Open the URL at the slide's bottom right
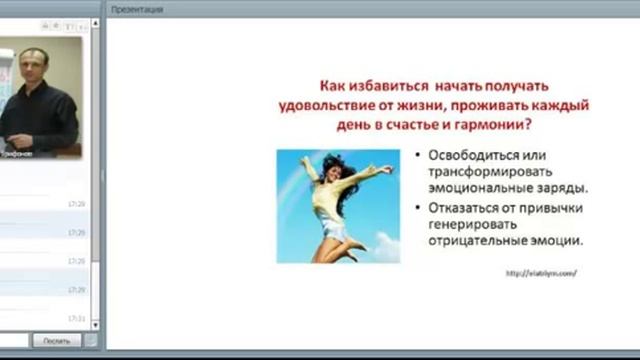(x=541, y=273)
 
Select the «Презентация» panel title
(x=130, y=8)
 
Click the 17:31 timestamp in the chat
(x=76, y=317)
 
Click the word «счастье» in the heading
(x=397, y=124)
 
